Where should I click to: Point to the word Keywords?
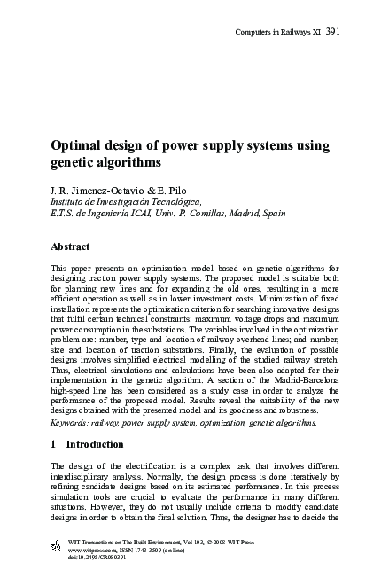[74, 423]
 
